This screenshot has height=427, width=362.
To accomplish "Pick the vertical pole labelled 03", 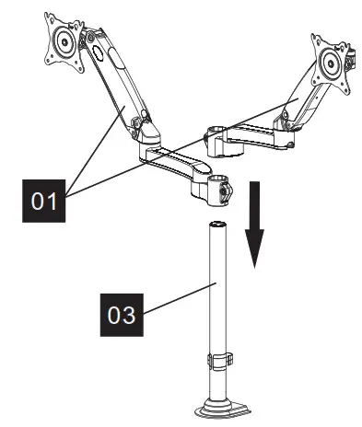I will tap(217, 294).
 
